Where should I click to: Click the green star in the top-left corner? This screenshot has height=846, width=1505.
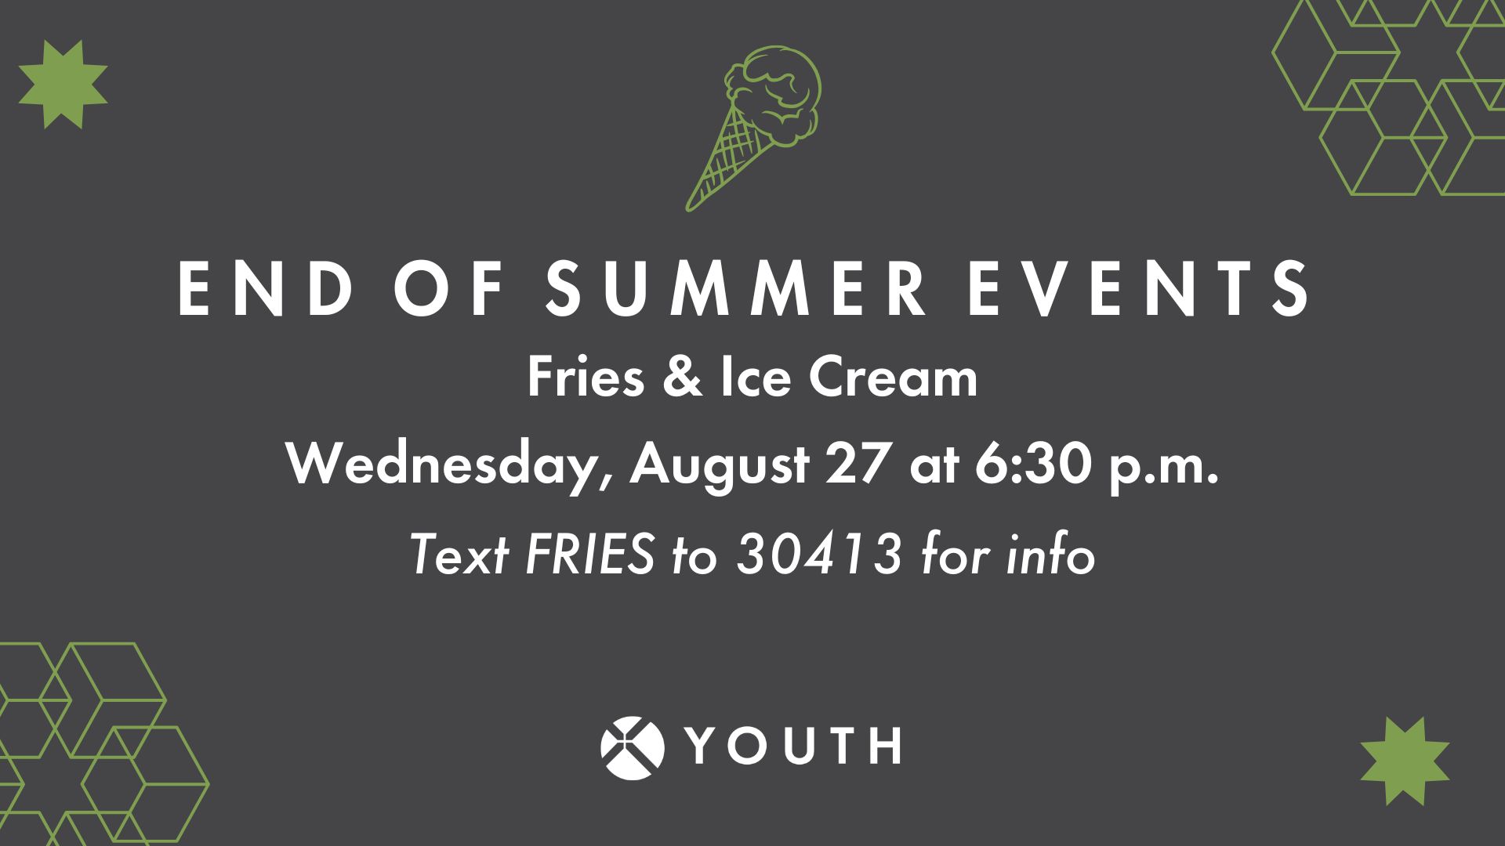pyautogui.click(x=63, y=84)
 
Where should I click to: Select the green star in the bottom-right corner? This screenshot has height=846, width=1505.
pyautogui.click(x=1405, y=760)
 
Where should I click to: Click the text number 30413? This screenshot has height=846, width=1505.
pyautogui.click(x=820, y=556)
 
